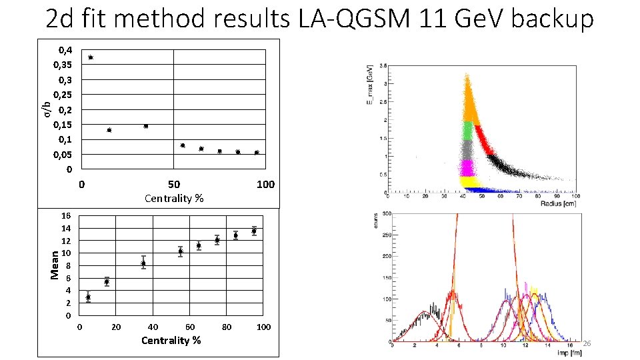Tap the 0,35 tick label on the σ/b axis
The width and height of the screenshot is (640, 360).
pyautogui.click(x=63, y=65)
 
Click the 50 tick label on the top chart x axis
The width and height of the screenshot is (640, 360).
pyautogui.click(x=173, y=184)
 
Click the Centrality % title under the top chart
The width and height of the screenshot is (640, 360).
pyautogui.click(x=174, y=199)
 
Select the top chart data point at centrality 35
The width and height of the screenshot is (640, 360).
pyautogui.click(x=146, y=126)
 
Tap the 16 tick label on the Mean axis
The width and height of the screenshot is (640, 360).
pyautogui.click(x=66, y=216)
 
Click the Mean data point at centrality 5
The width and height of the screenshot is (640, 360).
pyautogui.click(x=88, y=297)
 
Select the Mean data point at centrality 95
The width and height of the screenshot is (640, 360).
pyautogui.click(x=254, y=231)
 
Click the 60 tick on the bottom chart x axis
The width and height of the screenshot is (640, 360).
pyautogui.click(x=190, y=327)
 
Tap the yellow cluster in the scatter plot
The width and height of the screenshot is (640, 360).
pyautogui.click(x=469, y=181)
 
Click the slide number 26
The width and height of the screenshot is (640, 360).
pyautogui.click(x=587, y=343)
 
